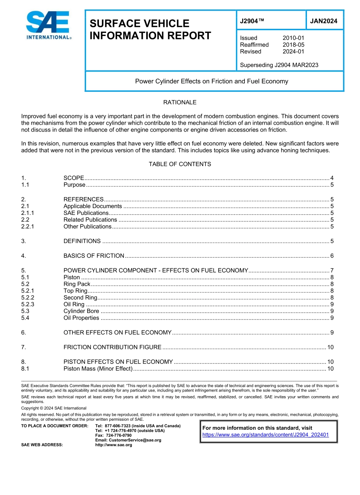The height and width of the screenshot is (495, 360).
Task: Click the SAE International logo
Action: (48, 25)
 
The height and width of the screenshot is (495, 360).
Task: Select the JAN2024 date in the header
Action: (324, 21)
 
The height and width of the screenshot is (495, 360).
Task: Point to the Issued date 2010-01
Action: (293, 38)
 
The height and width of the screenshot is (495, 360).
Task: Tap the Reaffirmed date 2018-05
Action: (293, 45)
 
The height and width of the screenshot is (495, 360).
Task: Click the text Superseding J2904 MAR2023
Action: (279, 65)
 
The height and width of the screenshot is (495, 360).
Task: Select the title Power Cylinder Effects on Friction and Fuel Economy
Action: (211, 81)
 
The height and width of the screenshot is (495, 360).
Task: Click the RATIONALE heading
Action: (180, 102)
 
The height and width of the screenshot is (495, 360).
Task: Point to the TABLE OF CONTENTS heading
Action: (180, 164)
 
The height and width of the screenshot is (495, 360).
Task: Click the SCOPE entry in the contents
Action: (74, 178)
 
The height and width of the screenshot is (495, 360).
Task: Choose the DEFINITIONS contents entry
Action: (82, 241)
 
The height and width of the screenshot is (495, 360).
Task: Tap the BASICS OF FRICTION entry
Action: (94, 256)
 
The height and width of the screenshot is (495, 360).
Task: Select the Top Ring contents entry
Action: (75, 291)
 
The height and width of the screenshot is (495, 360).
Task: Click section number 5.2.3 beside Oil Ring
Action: (28, 304)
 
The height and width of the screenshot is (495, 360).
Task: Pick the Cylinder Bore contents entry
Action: (81, 311)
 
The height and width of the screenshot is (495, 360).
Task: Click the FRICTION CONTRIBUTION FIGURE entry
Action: (113, 347)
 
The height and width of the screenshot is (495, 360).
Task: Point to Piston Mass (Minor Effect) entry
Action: (98, 369)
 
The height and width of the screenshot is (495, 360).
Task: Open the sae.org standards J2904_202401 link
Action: (265, 435)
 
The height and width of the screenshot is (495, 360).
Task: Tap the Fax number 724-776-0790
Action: (119, 435)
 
